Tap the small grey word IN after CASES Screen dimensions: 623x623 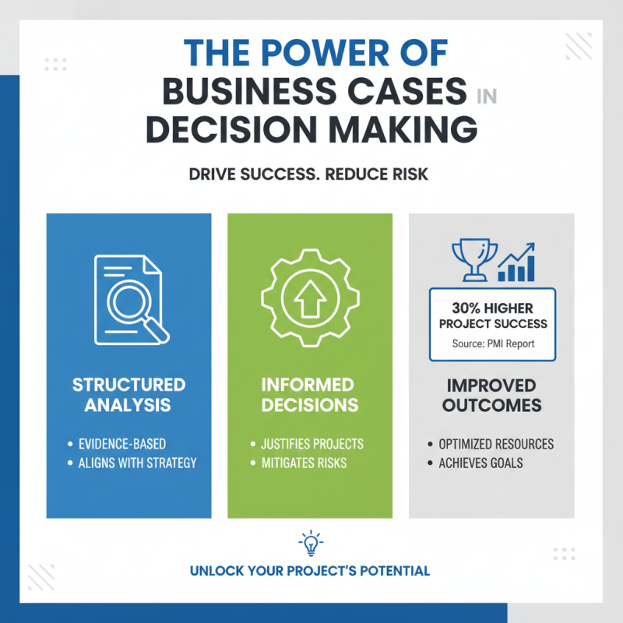point(485,96)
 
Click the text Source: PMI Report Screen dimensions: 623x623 point(492,343)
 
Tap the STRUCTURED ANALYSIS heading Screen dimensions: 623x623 point(128,395)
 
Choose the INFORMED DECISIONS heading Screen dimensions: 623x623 point(310,395)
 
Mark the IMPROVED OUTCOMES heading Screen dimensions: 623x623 point(491,395)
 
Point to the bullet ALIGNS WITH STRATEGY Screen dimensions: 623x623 point(137,463)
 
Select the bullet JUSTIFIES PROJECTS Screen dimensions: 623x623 point(312,444)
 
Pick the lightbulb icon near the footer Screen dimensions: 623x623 point(310,543)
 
